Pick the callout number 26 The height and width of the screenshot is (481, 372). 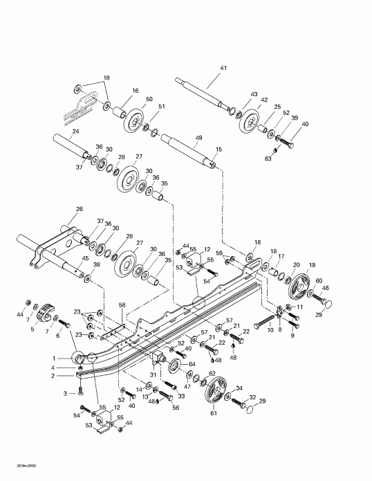tap(79, 209)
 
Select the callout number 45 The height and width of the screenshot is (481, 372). tap(85, 259)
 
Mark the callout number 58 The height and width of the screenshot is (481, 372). tap(122, 305)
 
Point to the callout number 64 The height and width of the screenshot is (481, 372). tap(192, 364)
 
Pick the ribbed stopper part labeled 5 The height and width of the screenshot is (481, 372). tap(46, 313)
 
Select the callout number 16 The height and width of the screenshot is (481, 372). tap(135, 91)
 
